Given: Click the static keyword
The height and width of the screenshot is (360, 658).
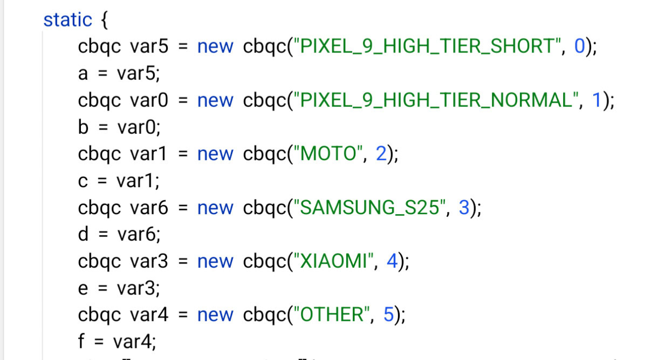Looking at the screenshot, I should (67, 20).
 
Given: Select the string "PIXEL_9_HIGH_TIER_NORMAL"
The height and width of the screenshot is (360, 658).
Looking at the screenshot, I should (435, 101).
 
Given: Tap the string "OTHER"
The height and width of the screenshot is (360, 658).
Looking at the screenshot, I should (332, 315).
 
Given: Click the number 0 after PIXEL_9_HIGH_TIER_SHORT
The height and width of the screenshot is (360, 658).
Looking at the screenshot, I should (579, 47).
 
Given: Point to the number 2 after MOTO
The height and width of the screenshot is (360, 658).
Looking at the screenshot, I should (381, 154).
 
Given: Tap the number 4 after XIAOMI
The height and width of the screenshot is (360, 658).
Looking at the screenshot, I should (392, 262).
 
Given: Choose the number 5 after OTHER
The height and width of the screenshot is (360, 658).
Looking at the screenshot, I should (388, 315).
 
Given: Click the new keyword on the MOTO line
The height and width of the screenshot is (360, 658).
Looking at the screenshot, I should (215, 154).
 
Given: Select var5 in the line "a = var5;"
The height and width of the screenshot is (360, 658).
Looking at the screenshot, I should (138, 74).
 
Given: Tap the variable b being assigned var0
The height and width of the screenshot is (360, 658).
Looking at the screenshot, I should (83, 127).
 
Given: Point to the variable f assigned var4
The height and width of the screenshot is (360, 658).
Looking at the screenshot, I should (82, 342).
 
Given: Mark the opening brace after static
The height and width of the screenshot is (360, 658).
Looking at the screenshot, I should (104, 21).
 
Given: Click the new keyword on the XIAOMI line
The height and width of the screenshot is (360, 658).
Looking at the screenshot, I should (215, 262).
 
